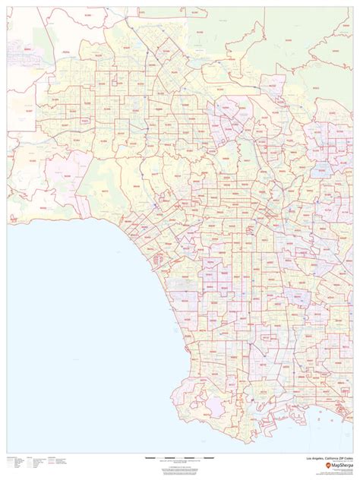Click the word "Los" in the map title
click(x=308, y=458)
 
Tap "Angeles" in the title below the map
click(x=317, y=458)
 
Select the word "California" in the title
click(x=330, y=458)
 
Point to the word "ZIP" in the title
click(x=342, y=458)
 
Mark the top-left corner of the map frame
click(x=8, y=9)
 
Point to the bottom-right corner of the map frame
click(x=351, y=453)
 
